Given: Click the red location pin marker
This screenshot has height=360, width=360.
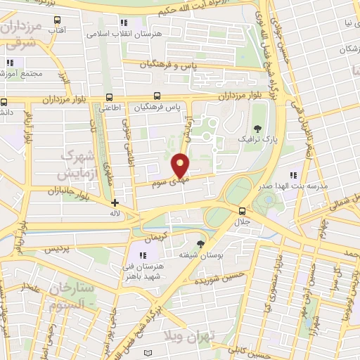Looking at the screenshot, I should point(181,165).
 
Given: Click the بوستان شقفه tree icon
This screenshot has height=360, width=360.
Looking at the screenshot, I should point(202,243).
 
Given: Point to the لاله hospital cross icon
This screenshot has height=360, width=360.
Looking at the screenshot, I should point(115,202).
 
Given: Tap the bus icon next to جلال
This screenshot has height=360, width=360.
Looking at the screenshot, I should point(242,211).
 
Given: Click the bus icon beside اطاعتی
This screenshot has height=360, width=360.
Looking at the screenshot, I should point(108,98).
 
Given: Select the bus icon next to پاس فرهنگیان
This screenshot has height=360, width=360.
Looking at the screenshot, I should point(157,98).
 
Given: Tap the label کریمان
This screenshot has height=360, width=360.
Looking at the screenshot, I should point(160,232).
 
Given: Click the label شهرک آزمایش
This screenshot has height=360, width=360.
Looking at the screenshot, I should point(78,163).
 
